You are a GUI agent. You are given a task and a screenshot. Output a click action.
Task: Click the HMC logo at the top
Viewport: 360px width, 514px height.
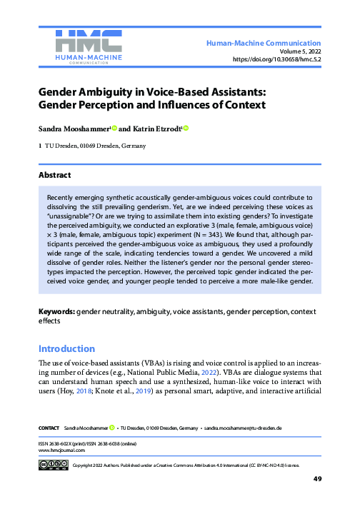point(88,45)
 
